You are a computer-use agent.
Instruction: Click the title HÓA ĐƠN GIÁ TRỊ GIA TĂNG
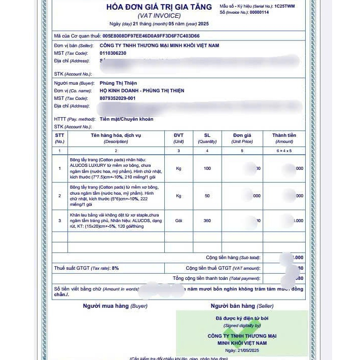click(x=159, y=7)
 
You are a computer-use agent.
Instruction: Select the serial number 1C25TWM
click(x=284, y=6)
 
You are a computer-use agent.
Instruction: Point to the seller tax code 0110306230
click(x=113, y=53)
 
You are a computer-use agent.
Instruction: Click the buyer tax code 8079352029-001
click(x=118, y=98)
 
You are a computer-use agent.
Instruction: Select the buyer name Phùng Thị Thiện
click(x=118, y=83)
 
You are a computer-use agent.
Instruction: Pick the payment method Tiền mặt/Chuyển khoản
click(x=126, y=119)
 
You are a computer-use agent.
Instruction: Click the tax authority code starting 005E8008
click(x=151, y=36)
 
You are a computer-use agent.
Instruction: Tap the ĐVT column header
click(x=178, y=135)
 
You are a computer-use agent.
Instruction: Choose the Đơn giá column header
click(x=242, y=135)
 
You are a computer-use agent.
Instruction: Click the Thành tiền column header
click(x=284, y=135)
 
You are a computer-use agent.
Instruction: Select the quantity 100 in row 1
click(x=207, y=168)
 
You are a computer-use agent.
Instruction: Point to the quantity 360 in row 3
click(x=207, y=221)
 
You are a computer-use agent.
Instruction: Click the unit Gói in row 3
click(x=178, y=221)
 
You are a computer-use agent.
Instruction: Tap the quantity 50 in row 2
click(x=207, y=195)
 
